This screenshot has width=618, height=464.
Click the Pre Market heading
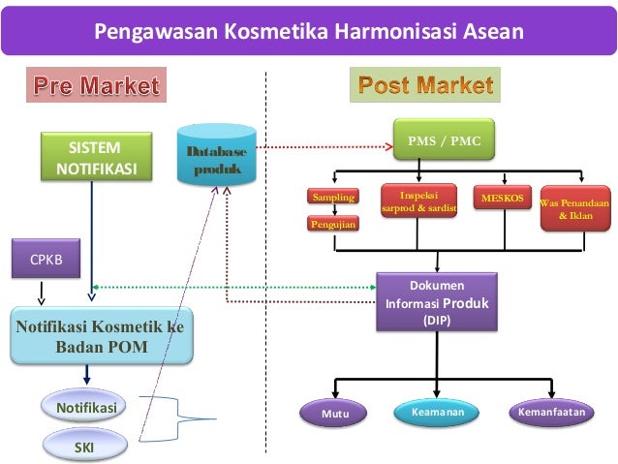[x=96, y=87]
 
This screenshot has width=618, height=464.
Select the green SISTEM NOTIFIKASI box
[x=94, y=159]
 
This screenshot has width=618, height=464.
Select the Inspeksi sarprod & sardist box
[x=418, y=200]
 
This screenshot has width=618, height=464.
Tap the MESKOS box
[x=502, y=199]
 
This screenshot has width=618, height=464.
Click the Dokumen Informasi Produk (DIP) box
[x=437, y=301]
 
